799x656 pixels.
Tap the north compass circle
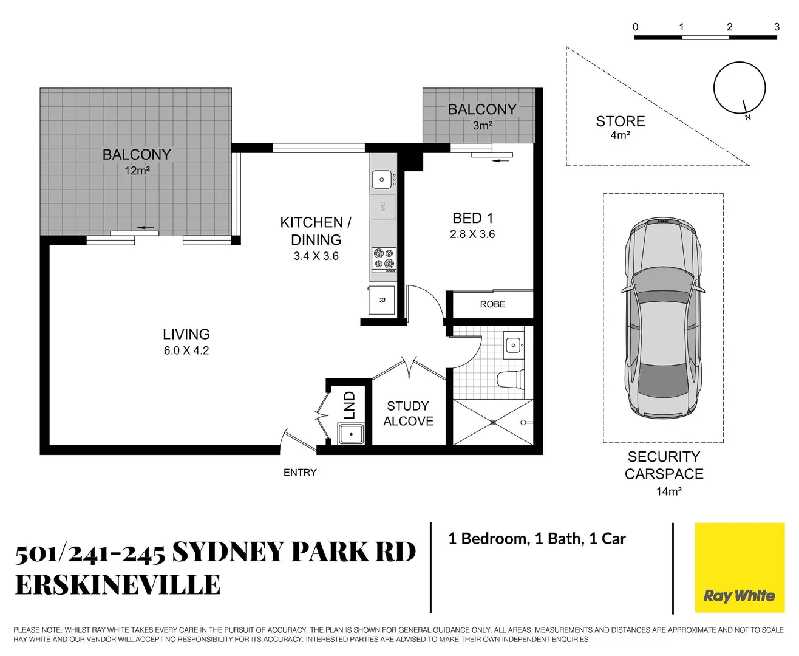click(739, 87)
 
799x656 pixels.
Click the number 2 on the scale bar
click(729, 27)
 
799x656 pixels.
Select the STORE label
click(620, 121)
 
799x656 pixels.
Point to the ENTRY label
click(300, 473)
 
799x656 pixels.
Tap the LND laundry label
click(349, 405)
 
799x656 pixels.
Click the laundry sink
click(351, 434)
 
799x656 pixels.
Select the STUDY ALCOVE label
click(408, 414)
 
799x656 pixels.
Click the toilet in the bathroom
click(510, 380)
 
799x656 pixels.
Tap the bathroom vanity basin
click(514, 345)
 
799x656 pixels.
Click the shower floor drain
click(493, 422)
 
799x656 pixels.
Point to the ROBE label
click(492, 304)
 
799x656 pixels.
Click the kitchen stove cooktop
click(384, 259)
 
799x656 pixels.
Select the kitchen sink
click(382, 179)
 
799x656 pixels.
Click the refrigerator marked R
click(382, 300)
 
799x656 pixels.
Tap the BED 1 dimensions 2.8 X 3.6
click(472, 234)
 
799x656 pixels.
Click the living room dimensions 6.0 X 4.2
click(186, 350)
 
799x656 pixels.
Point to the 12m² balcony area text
click(137, 171)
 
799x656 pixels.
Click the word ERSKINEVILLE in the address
click(118, 585)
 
